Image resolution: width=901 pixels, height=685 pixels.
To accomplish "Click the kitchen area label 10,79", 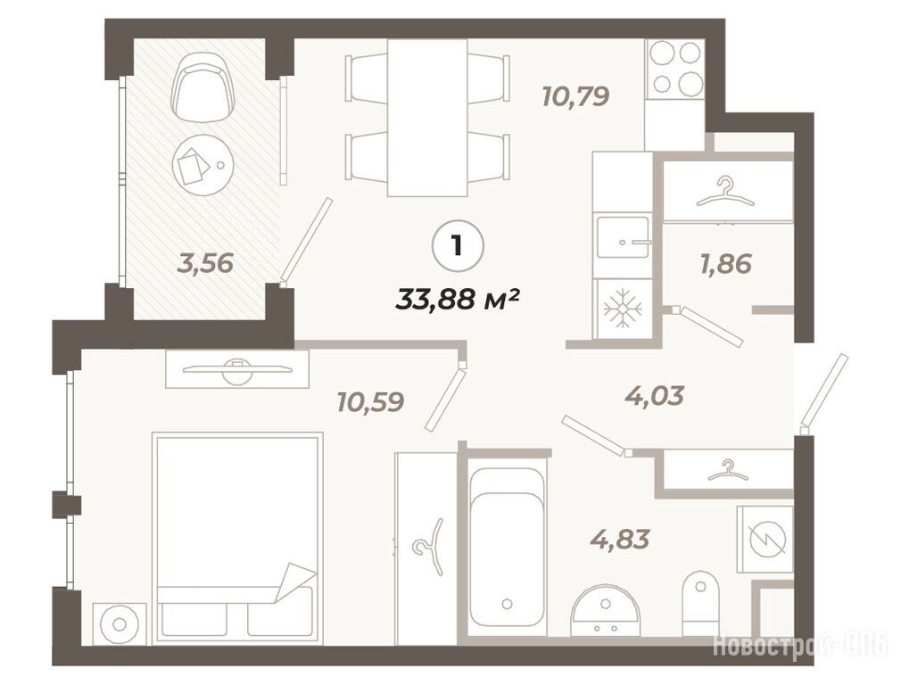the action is (575, 96).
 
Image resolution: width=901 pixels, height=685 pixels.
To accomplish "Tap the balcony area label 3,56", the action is (205, 263).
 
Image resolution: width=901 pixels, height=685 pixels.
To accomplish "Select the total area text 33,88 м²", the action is (458, 299).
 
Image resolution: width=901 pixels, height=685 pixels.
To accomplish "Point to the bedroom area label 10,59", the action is (370, 401).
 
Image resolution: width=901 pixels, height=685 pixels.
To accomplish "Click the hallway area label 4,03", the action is (655, 395).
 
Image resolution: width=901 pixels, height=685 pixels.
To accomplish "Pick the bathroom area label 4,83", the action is (620, 539).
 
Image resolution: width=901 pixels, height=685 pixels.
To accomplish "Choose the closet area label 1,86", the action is (726, 264).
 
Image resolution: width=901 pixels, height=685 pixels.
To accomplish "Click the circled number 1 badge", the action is (458, 246).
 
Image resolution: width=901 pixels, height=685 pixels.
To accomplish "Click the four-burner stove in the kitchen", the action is (675, 68).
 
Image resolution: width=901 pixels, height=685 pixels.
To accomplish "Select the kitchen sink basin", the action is (623, 236).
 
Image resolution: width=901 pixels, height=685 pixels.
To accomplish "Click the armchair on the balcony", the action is (204, 87).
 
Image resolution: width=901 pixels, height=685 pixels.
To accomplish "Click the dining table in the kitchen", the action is (427, 118).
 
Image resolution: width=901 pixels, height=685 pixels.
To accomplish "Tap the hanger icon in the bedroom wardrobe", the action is (430, 547).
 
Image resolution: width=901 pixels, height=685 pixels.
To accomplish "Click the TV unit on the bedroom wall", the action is (237, 369).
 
